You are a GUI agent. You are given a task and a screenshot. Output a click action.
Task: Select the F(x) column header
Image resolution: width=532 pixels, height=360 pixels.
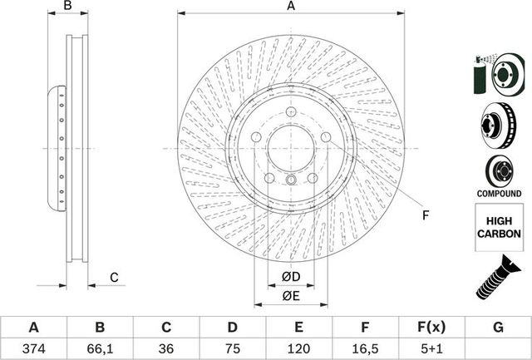[432, 328]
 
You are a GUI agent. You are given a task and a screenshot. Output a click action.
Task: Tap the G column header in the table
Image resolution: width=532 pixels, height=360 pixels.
[498, 328]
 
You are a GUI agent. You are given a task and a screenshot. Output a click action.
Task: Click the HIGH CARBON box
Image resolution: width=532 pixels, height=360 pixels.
[499, 229]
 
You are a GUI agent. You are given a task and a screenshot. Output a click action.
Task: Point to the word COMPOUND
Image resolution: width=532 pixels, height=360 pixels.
[499, 193]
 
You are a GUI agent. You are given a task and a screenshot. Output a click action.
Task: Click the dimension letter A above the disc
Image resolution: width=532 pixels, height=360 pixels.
[291, 7]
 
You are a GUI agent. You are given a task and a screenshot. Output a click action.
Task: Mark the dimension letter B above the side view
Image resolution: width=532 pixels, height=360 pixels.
[69, 7]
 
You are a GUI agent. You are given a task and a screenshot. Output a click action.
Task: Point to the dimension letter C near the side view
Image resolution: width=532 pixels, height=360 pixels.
[115, 277]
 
